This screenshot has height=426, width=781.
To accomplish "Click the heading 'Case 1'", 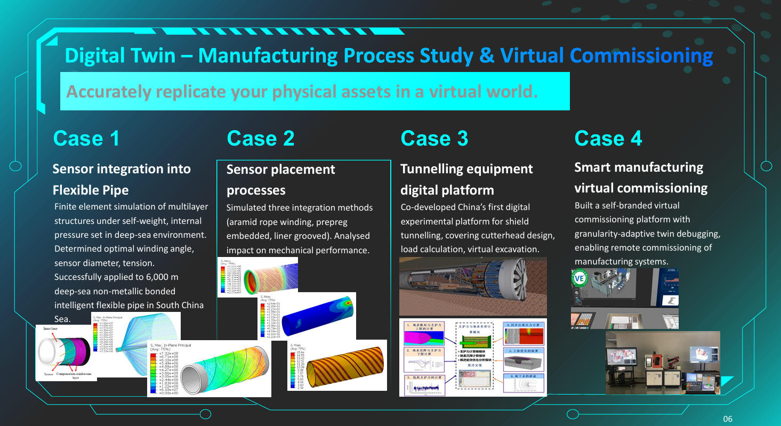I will point(86,139).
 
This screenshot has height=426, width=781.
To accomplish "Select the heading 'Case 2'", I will point(260,139).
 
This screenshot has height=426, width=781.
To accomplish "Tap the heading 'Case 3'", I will point(434,139).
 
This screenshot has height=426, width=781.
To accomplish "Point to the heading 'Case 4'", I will point(608,139).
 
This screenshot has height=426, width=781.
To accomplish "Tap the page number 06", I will point(728,419).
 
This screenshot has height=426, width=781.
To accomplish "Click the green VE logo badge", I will point(579,278).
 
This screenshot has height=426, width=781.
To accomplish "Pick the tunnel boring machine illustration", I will point(473,286).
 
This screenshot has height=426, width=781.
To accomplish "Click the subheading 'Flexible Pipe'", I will point(91,190).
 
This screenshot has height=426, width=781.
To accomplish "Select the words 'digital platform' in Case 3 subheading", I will point(447,190).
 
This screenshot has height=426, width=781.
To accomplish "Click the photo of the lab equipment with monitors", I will point(663,363).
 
